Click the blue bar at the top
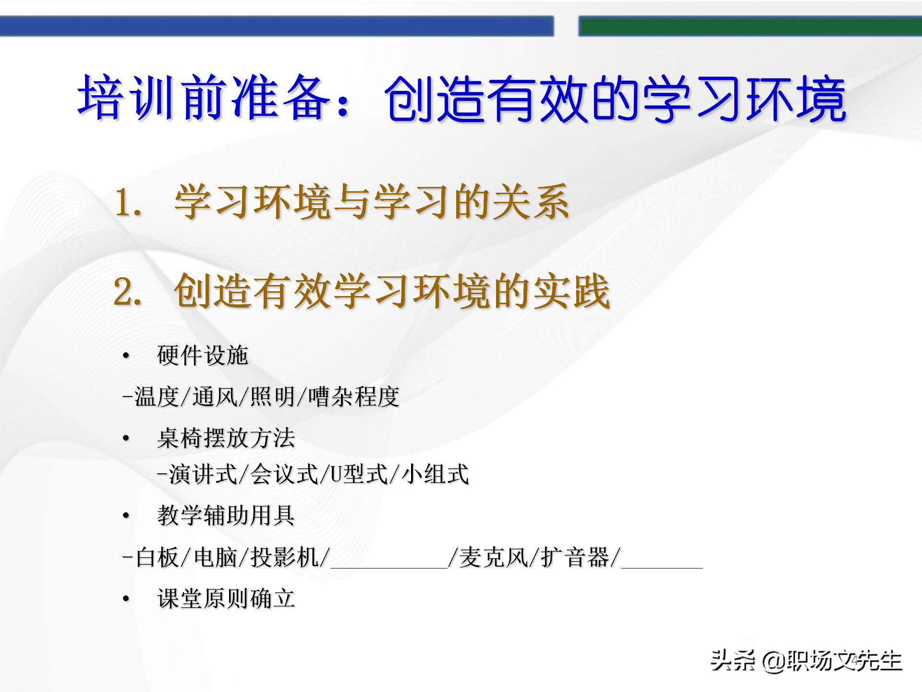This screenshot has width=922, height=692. click(x=277, y=26)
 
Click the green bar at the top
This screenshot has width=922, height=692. click(x=749, y=26)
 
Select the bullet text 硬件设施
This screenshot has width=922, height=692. click(x=202, y=356)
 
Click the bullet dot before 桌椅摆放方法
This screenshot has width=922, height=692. click(x=126, y=438)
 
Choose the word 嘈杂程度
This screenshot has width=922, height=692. click(x=354, y=397)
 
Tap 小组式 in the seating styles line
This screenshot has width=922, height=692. click(x=435, y=474)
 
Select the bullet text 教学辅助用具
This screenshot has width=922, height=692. click(x=226, y=516)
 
